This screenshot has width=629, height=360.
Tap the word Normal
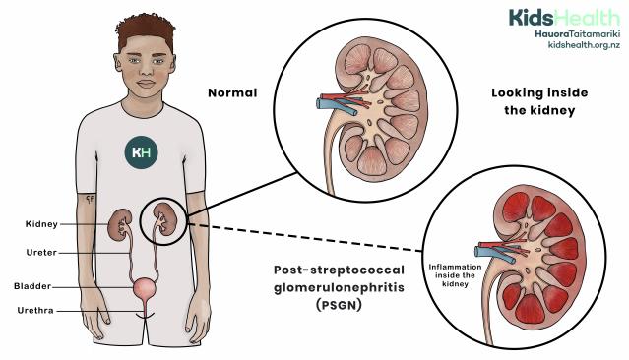pyautogui.click(x=231, y=93)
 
